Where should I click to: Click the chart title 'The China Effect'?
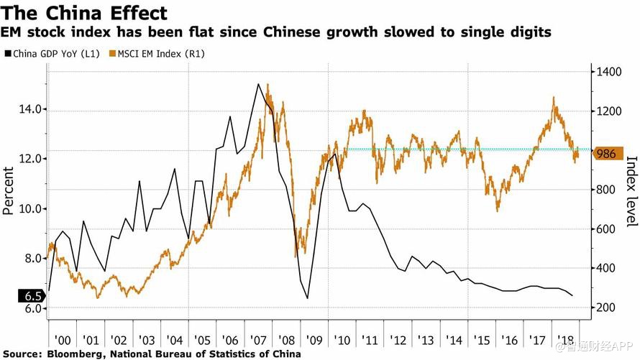click(x=85, y=13)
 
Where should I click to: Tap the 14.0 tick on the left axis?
click(x=29, y=109)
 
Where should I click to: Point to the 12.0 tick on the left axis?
click(x=29, y=159)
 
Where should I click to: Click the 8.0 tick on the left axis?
click(x=29, y=258)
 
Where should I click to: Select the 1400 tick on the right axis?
click(x=608, y=72)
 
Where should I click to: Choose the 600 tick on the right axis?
click(x=605, y=229)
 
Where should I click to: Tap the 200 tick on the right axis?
click(x=605, y=307)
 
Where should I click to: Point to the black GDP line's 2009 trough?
click(x=307, y=298)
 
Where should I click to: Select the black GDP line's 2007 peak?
click(x=258, y=84)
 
